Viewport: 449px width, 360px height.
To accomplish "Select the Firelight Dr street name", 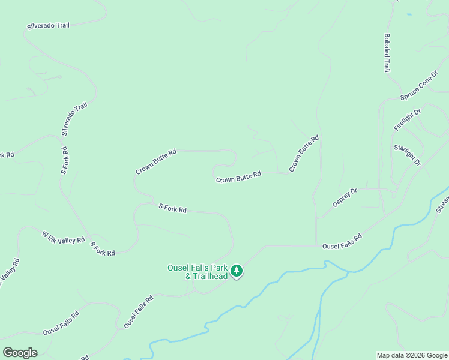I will click(x=408, y=119).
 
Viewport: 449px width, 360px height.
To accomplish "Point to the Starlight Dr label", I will click(x=408, y=155).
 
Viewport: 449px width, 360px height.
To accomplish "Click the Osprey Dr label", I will click(x=345, y=198).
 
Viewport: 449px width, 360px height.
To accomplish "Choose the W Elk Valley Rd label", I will click(x=63, y=237).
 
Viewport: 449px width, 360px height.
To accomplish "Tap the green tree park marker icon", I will click(x=237, y=271).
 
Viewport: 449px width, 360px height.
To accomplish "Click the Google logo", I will click(x=20, y=353).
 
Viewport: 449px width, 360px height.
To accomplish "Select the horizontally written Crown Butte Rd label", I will click(x=238, y=177).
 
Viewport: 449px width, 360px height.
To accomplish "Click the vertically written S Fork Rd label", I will click(x=64, y=160).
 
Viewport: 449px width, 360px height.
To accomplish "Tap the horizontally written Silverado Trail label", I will click(x=48, y=26).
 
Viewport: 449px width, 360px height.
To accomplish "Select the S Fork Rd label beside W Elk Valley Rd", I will click(x=102, y=248).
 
